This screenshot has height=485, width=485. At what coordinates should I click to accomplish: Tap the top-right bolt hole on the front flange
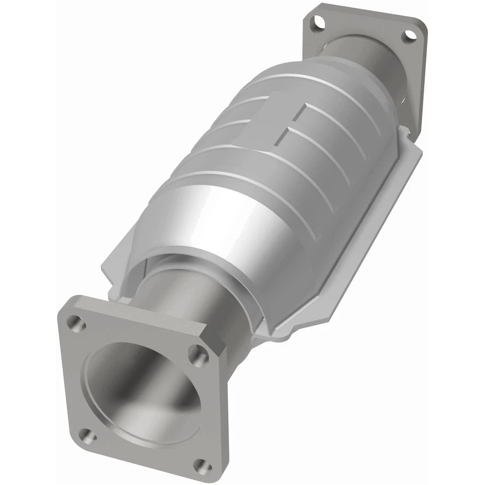(x=199, y=356)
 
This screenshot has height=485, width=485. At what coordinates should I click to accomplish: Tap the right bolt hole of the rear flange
(x=409, y=35)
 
